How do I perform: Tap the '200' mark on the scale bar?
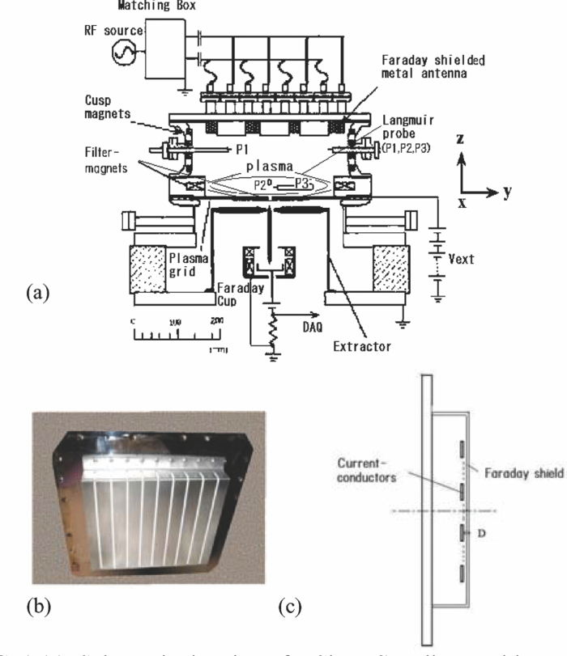[216, 322]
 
